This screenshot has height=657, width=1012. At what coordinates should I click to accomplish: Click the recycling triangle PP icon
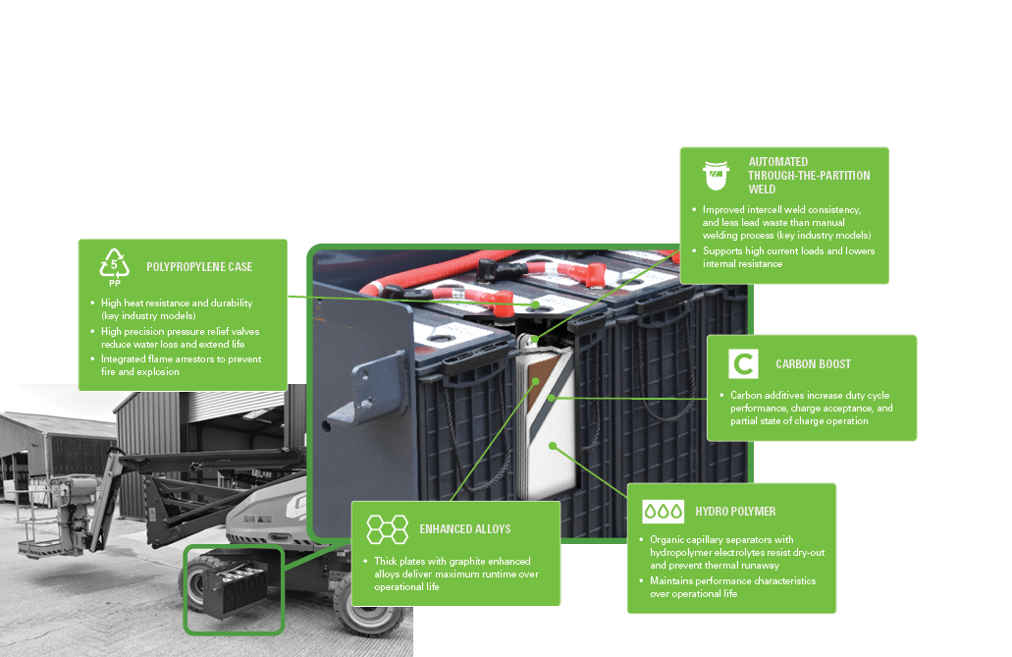point(116,267)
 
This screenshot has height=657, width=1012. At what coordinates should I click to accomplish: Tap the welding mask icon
point(716,175)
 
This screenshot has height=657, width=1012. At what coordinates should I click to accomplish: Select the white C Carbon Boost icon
point(743,363)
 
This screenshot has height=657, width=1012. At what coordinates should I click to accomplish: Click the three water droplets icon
point(663,512)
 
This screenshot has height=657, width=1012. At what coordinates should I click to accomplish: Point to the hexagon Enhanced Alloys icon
point(387,528)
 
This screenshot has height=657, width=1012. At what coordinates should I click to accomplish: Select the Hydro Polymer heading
point(735,512)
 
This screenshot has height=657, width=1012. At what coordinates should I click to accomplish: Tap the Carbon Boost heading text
point(813,364)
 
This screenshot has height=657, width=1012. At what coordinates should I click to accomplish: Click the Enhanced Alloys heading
point(464,529)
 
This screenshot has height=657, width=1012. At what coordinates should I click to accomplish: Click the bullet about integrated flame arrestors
point(181,365)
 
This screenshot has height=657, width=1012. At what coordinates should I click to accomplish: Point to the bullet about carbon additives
point(811,408)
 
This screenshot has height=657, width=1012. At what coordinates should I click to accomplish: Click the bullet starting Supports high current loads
point(788,257)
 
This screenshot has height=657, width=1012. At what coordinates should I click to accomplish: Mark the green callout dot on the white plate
point(554,445)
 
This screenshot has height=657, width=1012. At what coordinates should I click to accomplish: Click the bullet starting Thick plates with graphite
point(455,574)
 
